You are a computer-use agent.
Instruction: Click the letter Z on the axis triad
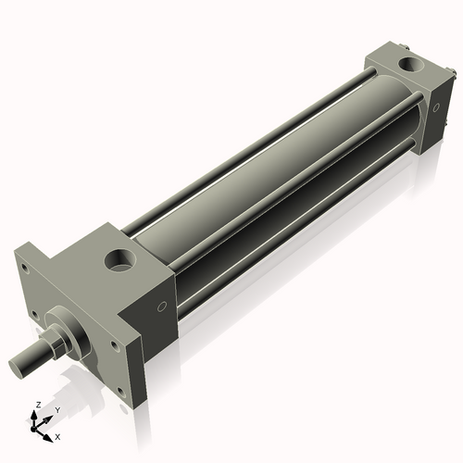[x=36, y=405]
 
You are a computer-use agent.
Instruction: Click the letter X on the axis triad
[x=57, y=434]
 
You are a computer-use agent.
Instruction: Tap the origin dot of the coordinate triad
[x=39, y=427]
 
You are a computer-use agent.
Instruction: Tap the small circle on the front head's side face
[x=162, y=307]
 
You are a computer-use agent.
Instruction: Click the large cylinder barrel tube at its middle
[x=269, y=176]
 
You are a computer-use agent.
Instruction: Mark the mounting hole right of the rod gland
[x=114, y=347]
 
